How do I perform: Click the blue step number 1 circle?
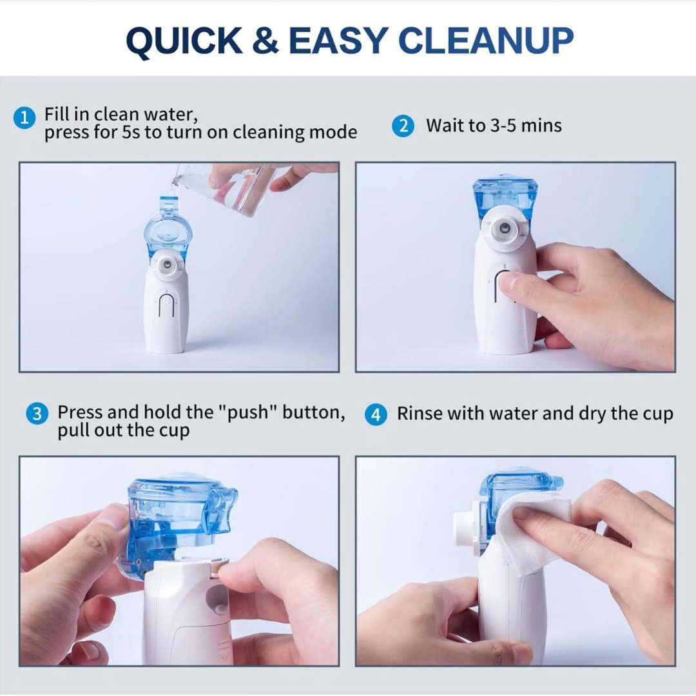pyautogui.click(x=24, y=118)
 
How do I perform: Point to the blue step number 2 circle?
pyautogui.click(x=403, y=126)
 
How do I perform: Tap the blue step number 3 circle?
pyautogui.click(x=37, y=414)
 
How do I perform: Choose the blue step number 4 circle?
pyautogui.click(x=376, y=414)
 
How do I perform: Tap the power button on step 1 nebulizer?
pyautogui.click(x=166, y=306)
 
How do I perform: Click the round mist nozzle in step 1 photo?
pyautogui.click(x=166, y=264)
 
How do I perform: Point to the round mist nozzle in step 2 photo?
pyautogui.click(x=505, y=229)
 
